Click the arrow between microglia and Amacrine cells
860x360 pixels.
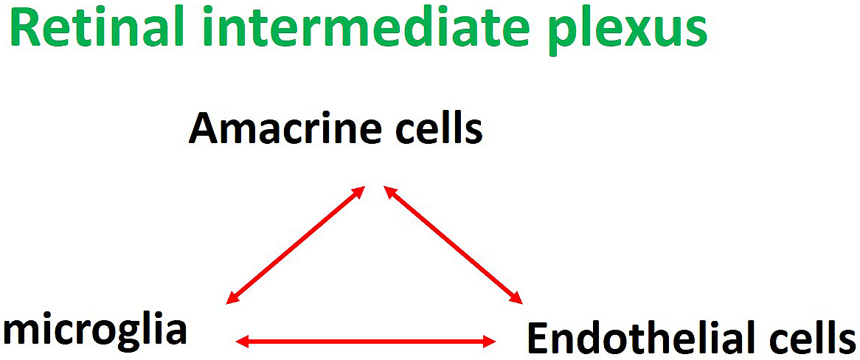(x=296, y=244)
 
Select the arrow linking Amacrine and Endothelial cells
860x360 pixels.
(x=453, y=244)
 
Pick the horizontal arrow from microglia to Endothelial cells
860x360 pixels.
(x=366, y=342)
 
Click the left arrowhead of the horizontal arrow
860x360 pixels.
(x=245, y=342)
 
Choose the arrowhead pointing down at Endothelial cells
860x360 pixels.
(x=515, y=297)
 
